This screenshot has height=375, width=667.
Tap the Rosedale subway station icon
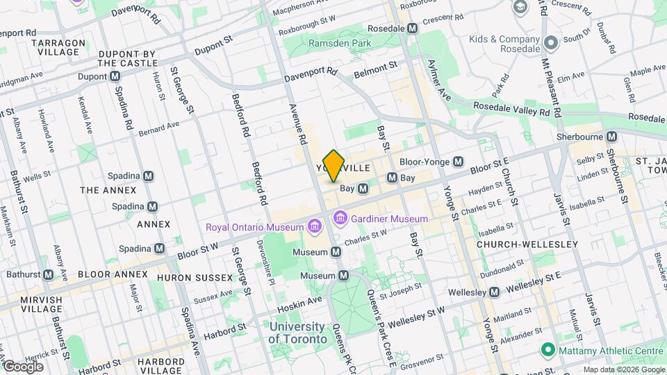pos(413,28)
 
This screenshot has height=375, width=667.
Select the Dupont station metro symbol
pos(115,76)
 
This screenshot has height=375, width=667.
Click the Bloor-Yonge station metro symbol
pos(458,162)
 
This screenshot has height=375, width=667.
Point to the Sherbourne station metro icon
pos(611,137)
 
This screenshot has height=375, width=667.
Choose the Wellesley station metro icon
pos(493,292)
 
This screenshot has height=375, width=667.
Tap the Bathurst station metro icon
pos(48,274)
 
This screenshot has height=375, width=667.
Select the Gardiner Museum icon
pos(340,219)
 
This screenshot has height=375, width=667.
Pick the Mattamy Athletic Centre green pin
pos(547,351)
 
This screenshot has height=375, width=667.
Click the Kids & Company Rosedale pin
pos(551,43)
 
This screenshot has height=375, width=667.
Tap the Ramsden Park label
pos(340,43)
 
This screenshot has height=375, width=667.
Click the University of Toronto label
pos(297,333)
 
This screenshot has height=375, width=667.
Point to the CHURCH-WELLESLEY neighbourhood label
pos(527,244)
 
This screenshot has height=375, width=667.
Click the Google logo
pos(22,366)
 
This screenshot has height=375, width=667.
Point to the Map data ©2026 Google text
pos(623,369)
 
